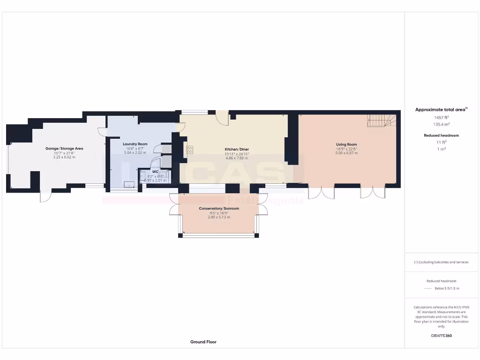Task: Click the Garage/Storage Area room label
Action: point(64,149)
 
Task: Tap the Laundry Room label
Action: point(135,144)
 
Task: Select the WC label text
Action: point(155,172)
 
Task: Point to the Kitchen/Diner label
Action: point(237,150)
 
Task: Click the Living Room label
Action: point(346,144)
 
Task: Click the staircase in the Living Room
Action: point(381,120)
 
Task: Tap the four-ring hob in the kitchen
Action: point(190,150)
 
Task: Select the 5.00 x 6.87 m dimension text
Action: point(346,153)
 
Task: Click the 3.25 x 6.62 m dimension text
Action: point(64,157)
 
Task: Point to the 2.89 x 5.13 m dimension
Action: point(219,217)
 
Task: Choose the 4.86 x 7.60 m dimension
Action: point(237,158)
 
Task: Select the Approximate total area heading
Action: point(441,110)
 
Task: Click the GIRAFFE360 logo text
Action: point(441,336)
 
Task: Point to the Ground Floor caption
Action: point(203,342)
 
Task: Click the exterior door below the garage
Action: point(45,196)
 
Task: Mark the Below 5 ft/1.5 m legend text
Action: point(447,288)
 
